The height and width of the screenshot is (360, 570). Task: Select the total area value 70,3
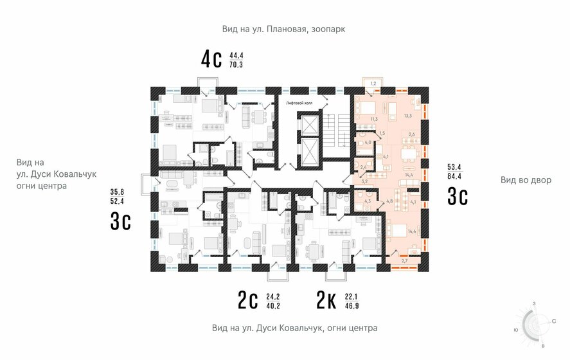[x=236, y=65]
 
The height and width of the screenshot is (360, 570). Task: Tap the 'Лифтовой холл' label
[x=299, y=103]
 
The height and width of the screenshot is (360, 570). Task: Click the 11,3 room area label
[x=373, y=119]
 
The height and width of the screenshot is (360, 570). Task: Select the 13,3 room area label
[x=407, y=116]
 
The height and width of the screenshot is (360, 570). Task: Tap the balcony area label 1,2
[x=373, y=84]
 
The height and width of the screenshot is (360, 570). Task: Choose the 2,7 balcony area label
[x=404, y=260]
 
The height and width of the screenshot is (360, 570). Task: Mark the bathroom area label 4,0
[x=368, y=143]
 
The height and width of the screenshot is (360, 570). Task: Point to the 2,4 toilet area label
[x=363, y=168]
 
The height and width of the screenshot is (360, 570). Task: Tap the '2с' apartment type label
[x=247, y=300]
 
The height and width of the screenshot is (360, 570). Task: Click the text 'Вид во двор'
[x=526, y=180]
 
